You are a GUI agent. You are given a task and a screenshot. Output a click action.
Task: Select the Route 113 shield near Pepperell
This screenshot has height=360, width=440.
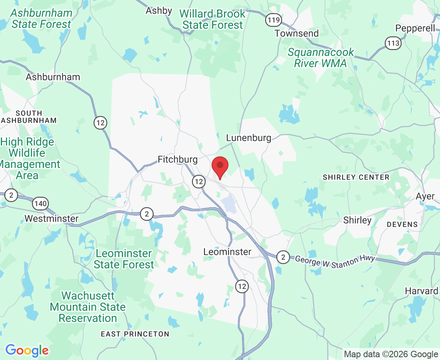coord(394,43)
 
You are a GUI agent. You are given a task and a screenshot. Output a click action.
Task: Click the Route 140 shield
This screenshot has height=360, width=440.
coord(41,204)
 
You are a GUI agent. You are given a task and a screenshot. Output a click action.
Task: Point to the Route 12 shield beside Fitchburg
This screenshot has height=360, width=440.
coord(198,181)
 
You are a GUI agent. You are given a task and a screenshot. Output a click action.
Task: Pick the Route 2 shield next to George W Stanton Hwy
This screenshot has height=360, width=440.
coord(283,256)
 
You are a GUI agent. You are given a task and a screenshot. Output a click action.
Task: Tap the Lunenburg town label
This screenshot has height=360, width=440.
coord(248,138)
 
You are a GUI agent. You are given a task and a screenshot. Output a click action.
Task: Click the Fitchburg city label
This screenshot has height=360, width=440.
coord(178,160)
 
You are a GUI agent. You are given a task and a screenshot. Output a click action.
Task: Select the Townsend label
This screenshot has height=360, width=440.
coord(296,33)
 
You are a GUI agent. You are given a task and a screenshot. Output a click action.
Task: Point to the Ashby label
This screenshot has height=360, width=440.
coord(159,11)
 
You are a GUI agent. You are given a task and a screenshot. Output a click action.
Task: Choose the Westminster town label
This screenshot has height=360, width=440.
coord(51,219)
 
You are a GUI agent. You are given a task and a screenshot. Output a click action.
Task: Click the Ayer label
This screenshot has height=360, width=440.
coord(425,196)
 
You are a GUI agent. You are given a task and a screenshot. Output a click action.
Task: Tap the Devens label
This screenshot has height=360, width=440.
coord(402,224)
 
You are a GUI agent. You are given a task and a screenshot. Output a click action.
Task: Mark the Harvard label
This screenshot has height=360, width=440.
coord(421,291)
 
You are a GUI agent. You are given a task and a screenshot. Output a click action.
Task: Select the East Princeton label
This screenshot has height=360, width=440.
coord(135,334)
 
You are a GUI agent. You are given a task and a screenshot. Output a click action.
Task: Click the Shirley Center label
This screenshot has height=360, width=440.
coord(356,177)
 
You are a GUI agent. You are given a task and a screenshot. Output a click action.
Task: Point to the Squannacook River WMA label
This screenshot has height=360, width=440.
coord(321,58)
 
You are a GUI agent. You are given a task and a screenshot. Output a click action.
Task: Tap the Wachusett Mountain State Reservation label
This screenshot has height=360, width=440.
coord(88,307)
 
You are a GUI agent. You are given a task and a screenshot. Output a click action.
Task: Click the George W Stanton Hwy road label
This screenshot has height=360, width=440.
coord(335,260)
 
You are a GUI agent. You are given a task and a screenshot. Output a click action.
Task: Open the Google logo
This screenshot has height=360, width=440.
coord(27,351)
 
